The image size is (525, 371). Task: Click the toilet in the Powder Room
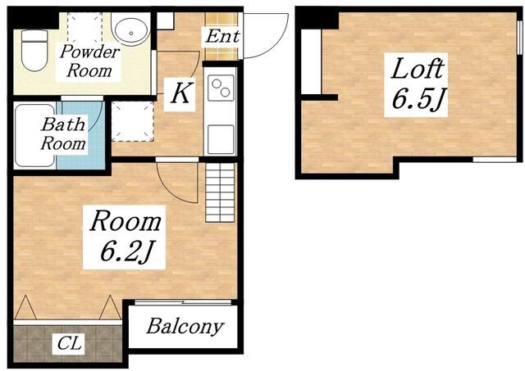pyautogui.click(x=34, y=50)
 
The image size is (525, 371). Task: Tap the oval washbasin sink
pyautogui.click(x=130, y=29)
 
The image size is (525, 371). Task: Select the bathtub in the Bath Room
pyautogui.click(x=34, y=135)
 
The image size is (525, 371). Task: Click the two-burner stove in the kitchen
pyautogui.click(x=221, y=88)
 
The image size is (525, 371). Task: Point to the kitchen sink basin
pyautogui.click(x=221, y=139)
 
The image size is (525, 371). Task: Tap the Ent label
pyautogui.click(x=222, y=36)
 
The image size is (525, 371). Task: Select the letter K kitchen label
pyautogui.click(x=180, y=94)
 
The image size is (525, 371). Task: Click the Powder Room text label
pyautogui.click(x=89, y=61)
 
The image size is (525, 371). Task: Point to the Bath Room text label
pyautogui.click(x=63, y=134)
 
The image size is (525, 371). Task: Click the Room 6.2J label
pyautogui.click(x=125, y=236)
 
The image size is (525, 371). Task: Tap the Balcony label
pyautogui.click(x=185, y=326)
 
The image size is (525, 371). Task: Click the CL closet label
pyautogui.click(x=69, y=343)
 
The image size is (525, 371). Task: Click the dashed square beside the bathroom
pyautogui.click(x=133, y=121)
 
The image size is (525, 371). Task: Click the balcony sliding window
pyautogui.click(x=183, y=302)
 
